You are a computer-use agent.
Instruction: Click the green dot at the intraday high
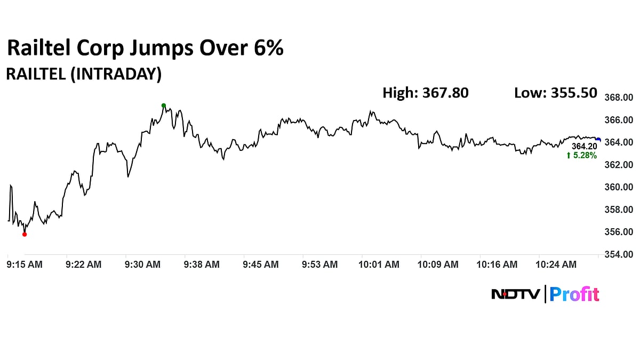(164, 106)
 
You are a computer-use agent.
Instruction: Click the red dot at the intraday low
(25, 234)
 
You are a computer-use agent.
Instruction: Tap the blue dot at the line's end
(598, 140)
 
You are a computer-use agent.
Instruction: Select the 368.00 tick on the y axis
(618, 98)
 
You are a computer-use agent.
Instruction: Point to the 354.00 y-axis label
(618, 254)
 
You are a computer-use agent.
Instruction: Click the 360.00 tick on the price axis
(618, 187)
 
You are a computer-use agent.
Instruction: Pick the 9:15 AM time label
(25, 264)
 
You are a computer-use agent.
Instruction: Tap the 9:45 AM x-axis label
(260, 264)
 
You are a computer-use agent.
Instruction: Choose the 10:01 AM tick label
(379, 264)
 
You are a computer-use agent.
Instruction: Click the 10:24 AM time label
(556, 264)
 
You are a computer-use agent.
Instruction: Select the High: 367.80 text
(426, 93)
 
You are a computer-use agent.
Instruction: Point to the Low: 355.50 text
(555, 93)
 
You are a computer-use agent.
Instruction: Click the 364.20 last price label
(584, 146)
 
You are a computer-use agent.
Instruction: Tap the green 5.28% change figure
(581, 156)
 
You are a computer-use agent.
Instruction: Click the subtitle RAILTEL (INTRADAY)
(83, 74)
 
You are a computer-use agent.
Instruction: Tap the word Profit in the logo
(574, 294)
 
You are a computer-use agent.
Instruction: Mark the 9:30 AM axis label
(142, 264)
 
